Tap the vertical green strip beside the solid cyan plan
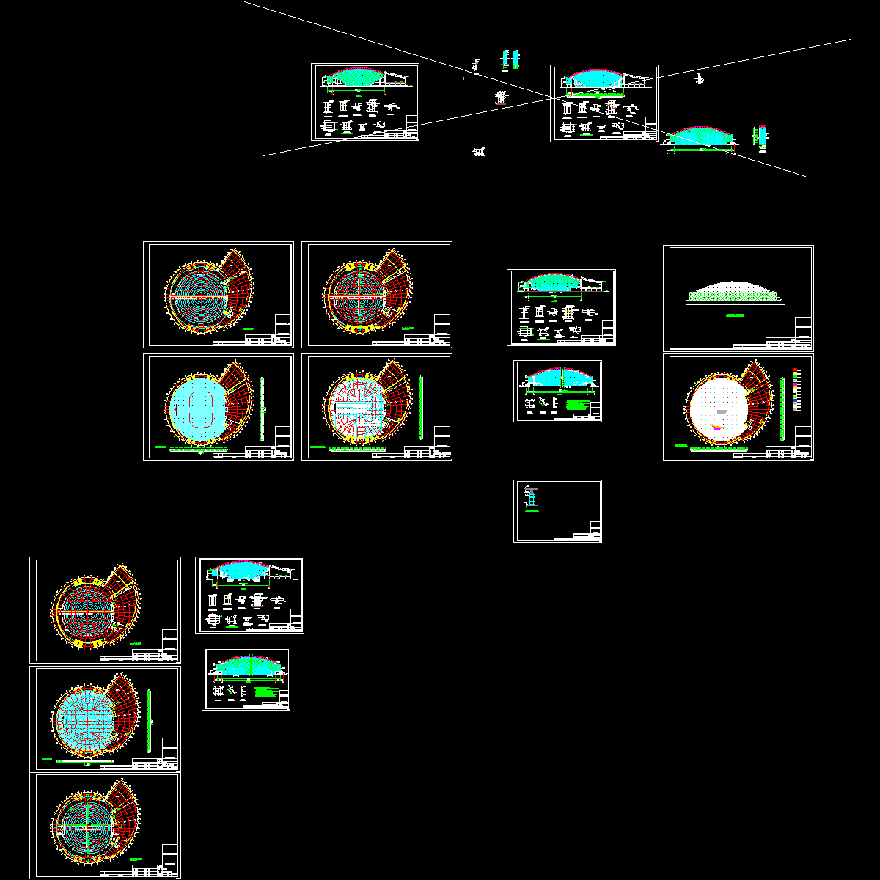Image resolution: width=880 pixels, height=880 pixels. click(262, 408)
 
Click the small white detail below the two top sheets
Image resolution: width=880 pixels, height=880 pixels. click(480, 152)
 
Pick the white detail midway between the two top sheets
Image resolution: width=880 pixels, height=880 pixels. click(502, 97)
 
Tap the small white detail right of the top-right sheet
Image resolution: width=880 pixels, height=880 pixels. click(700, 79)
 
